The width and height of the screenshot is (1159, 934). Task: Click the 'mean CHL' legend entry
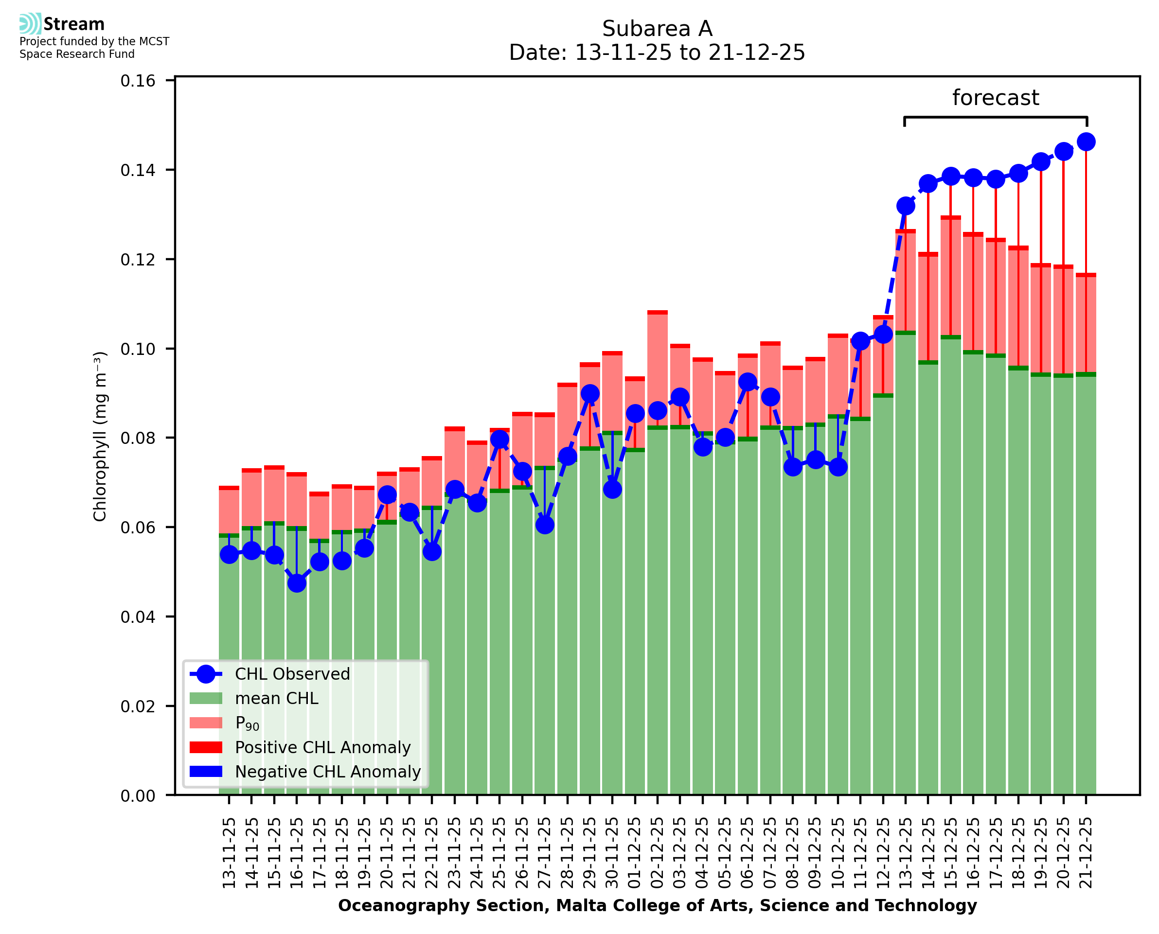[277, 698]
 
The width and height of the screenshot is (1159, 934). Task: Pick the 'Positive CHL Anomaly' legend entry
[322, 747]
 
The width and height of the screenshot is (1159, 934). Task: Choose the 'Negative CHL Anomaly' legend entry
[327, 772]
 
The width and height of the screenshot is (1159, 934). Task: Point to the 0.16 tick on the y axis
[138, 81]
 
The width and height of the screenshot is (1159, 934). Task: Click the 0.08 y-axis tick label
[138, 439]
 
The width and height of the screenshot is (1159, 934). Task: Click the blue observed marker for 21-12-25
[1086, 142]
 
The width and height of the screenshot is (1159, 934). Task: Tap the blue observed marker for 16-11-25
[297, 583]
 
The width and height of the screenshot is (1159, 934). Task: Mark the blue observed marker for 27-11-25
[545, 525]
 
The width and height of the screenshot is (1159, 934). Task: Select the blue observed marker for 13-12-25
[906, 206]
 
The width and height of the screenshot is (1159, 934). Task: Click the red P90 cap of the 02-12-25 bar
[658, 313]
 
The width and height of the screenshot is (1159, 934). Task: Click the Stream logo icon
[30, 24]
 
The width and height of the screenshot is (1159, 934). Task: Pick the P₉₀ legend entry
[247, 723]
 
